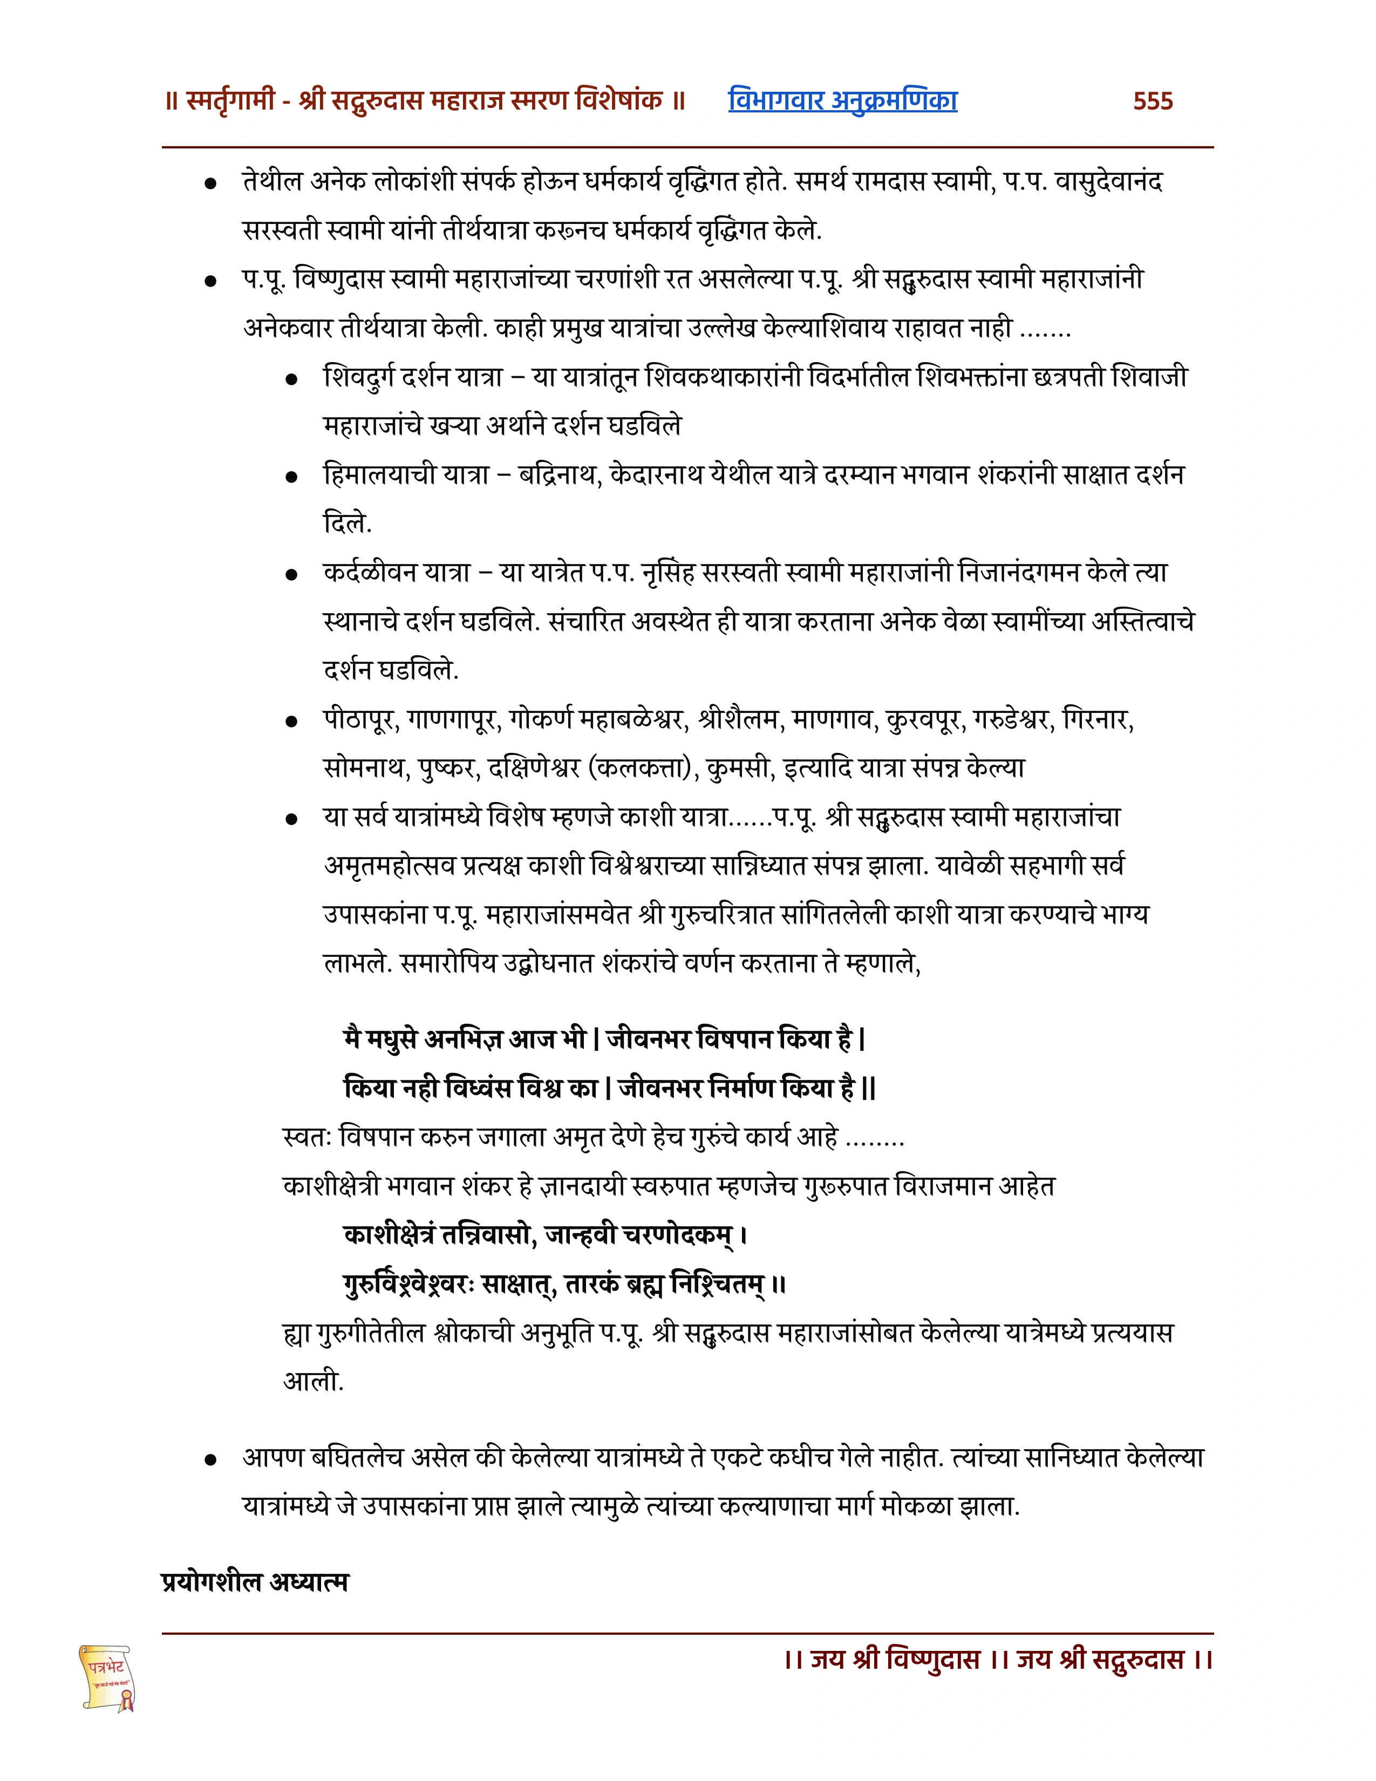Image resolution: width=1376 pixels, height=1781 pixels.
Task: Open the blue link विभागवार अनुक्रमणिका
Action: coord(842,100)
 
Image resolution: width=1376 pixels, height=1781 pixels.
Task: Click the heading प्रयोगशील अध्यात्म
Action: coord(255,1582)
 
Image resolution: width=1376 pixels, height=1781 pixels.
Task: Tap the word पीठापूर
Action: coord(359,720)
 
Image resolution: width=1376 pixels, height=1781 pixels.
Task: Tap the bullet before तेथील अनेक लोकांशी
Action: coord(210,183)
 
